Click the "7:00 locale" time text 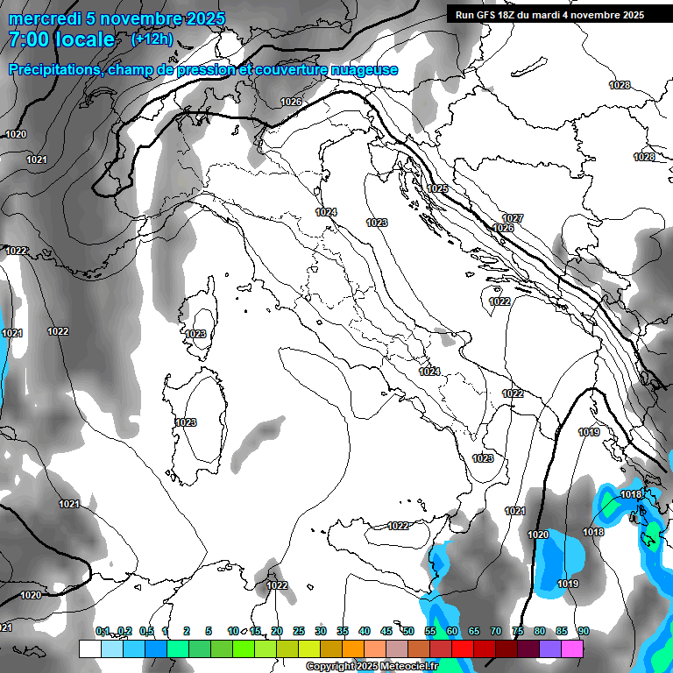61,39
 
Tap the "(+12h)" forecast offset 152,39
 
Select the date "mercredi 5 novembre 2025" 117,18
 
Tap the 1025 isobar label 437,188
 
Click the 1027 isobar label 513,217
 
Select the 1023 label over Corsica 195,334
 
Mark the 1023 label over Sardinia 186,422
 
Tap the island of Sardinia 195,421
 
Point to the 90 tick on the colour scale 583,631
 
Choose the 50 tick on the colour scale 408,631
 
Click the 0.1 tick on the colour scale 103,631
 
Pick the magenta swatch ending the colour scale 572,648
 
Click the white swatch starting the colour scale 89,648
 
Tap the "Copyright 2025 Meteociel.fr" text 372,667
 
